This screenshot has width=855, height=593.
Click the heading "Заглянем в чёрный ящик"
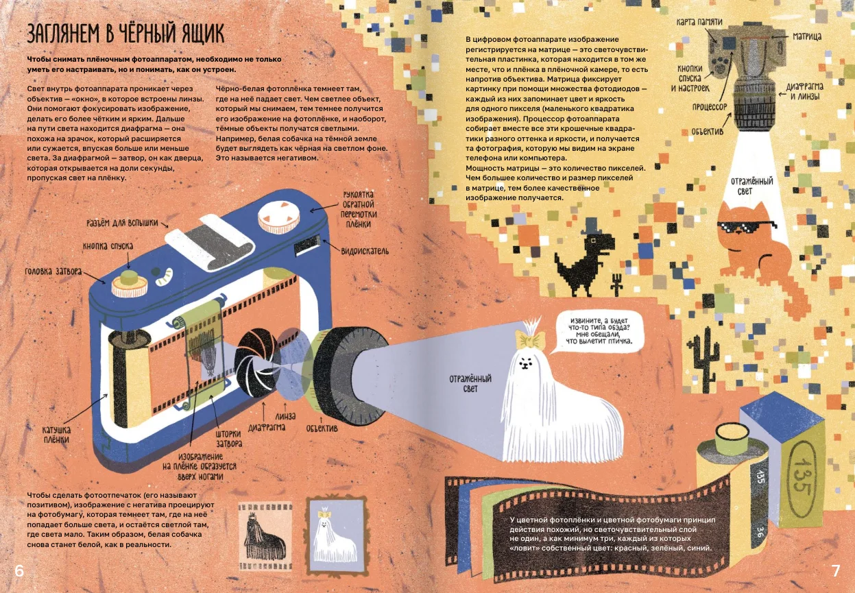coord(125,34)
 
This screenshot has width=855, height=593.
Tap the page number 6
coord(19,571)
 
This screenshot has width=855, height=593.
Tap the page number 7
coord(836,571)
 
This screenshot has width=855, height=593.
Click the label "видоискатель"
coord(365,251)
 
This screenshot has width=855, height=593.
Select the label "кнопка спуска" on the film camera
coord(108,246)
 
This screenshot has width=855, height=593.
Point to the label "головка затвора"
coord(53,271)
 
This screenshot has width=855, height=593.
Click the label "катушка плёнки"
coord(56,435)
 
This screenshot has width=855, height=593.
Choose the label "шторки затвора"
coord(228,439)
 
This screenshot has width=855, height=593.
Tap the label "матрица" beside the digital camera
coord(807,36)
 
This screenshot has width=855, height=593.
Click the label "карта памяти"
coord(699,22)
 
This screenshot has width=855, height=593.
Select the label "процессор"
coord(710,107)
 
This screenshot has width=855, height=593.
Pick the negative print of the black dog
coord(265,536)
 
